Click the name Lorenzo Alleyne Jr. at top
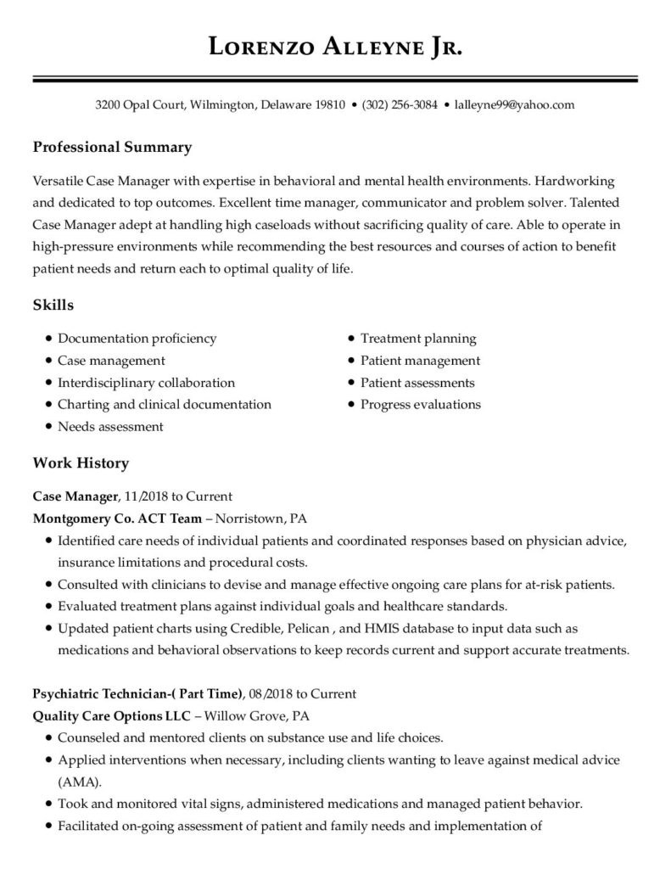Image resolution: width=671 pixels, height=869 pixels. (335, 48)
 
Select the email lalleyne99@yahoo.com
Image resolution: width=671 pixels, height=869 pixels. (515, 106)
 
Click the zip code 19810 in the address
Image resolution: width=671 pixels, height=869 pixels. (330, 106)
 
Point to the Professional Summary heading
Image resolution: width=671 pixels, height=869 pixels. (112, 148)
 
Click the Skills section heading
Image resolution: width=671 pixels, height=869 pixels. (53, 305)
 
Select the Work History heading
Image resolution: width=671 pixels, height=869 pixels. (81, 463)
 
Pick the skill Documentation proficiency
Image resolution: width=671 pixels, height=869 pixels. (137, 339)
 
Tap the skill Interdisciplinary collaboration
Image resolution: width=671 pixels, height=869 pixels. (146, 383)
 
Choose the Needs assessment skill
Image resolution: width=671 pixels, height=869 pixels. (110, 427)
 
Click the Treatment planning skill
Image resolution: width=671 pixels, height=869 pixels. (418, 339)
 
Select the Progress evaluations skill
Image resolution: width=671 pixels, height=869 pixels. (420, 405)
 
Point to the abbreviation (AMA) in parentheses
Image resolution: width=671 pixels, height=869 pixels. (77, 782)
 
